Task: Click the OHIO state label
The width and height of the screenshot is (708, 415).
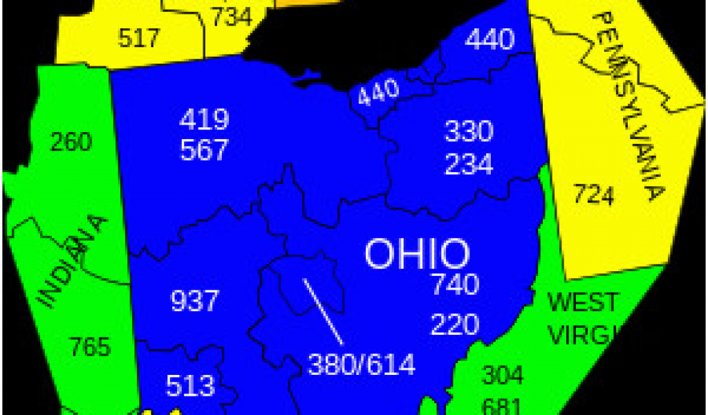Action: (417, 254)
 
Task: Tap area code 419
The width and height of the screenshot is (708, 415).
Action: (204, 120)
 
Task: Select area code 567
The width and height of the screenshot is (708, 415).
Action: (204, 149)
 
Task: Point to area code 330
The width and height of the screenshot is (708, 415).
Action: (468, 131)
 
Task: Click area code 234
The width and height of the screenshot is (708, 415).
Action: (468, 165)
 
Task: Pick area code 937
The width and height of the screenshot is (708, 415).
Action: (194, 301)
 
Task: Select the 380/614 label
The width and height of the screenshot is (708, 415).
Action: (362, 364)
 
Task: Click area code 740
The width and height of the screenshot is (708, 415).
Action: (454, 284)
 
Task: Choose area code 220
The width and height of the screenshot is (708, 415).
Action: (454, 324)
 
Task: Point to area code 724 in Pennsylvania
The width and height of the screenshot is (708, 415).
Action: (593, 196)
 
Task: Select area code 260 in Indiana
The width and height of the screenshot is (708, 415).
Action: (71, 142)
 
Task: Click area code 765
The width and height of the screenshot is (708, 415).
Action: (90, 347)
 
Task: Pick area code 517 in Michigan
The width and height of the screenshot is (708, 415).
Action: (139, 38)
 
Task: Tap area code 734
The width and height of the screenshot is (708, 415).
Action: (231, 16)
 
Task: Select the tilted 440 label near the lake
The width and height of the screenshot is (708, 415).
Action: (379, 92)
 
